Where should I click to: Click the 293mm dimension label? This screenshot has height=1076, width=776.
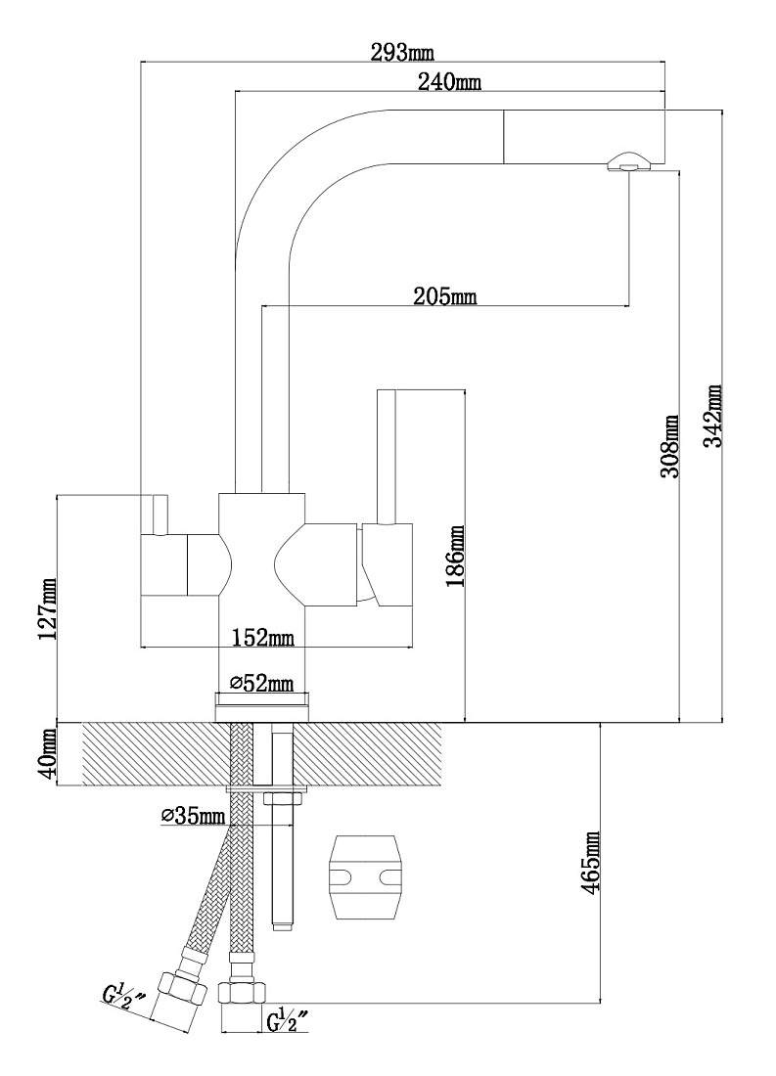(x=403, y=52)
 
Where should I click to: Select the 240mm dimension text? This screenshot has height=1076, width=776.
(x=449, y=81)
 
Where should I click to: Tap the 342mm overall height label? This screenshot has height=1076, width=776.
(x=715, y=416)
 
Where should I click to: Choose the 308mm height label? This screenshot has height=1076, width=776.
(x=670, y=446)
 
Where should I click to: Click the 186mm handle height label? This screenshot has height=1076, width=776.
(x=455, y=557)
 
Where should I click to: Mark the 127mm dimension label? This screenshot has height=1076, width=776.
(x=47, y=608)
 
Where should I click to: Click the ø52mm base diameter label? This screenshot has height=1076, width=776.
(x=261, y=683)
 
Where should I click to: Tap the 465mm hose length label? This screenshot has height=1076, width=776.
(x=590, y=861)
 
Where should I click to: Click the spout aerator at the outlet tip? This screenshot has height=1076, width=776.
(x=626, y=161)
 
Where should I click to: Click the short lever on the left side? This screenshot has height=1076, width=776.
(x=160, y=514)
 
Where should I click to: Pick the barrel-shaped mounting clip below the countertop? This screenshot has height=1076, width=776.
(x=363, y=877)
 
